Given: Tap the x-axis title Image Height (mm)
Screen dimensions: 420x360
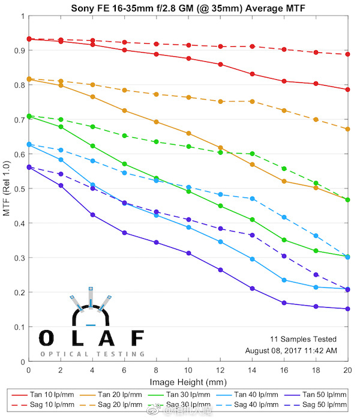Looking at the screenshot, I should (188, 382).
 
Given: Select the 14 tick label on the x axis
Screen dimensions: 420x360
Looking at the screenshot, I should (252, 371).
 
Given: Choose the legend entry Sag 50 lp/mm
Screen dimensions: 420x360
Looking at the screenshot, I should (318, 405).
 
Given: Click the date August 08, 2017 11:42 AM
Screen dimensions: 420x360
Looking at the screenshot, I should (291, 350).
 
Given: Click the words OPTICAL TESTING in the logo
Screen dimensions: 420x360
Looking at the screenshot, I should (92, 354).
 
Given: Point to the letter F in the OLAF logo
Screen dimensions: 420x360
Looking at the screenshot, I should (137, 338).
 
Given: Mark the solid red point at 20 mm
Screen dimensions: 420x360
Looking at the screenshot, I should (348, 89).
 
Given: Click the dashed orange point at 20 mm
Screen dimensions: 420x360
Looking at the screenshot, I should (348, 129).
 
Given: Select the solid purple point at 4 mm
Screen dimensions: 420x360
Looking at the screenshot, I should (92, 215).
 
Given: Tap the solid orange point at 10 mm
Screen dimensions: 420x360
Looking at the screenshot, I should (188, 133).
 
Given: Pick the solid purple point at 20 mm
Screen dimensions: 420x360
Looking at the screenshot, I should (348, 309).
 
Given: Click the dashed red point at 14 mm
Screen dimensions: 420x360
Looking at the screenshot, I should (252, 46).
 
